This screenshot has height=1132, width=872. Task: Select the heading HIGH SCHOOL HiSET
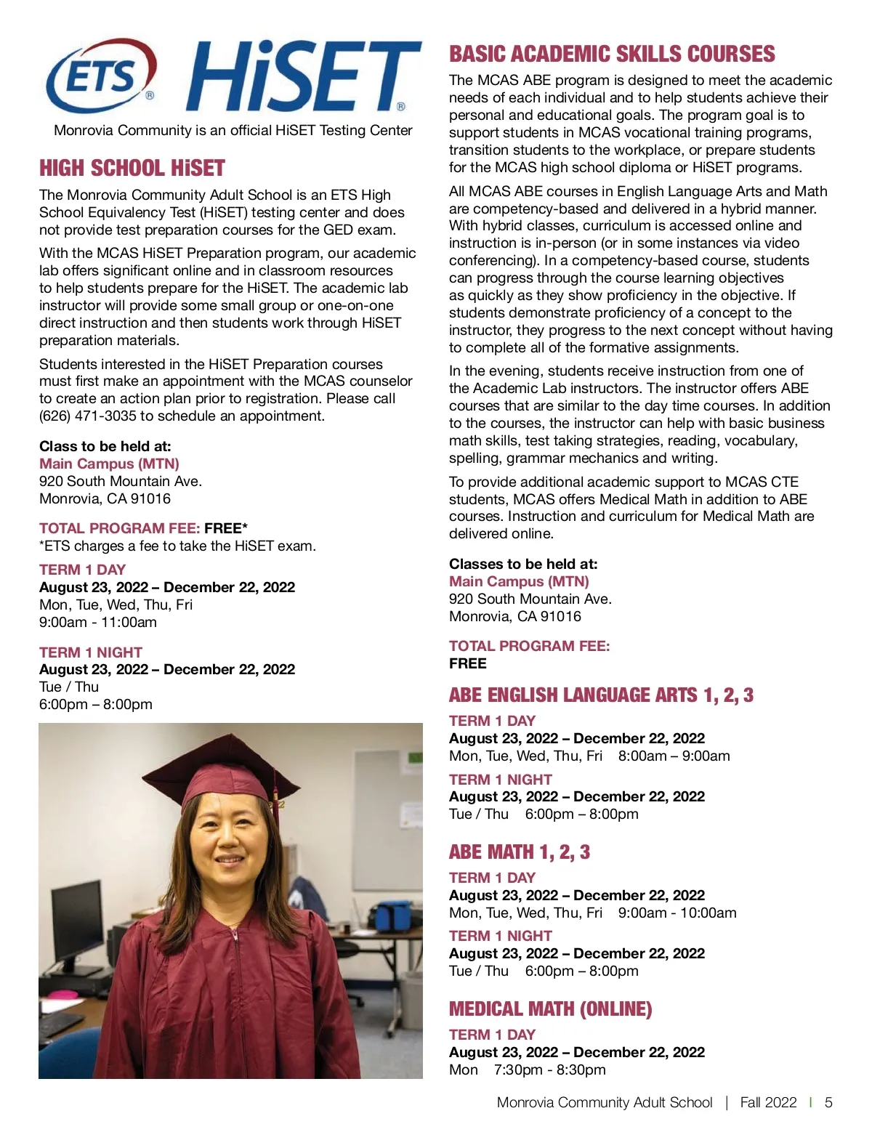coord(132,169)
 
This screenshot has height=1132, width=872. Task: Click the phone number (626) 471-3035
coord(87,416)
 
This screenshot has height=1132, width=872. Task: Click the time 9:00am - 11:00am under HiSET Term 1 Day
coord(98,623)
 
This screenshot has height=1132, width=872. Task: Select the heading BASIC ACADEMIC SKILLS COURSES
coord(612,54)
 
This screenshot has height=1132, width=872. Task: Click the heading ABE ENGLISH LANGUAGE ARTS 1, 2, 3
coord(601,695)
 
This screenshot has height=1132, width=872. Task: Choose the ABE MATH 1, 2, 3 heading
coord(520,852)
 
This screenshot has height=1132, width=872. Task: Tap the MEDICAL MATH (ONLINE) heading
coord(550,1009)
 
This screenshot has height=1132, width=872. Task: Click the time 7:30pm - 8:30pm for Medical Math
coord(549,1070)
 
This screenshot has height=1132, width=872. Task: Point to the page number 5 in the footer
coord(828,1103)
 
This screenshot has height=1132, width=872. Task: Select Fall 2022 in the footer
coord(768,1103)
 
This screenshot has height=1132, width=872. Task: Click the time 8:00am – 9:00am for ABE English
coord(674,756)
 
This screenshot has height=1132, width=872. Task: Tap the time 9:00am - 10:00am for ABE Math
coord(677,913)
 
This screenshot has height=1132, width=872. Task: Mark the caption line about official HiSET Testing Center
coord(233,131)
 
